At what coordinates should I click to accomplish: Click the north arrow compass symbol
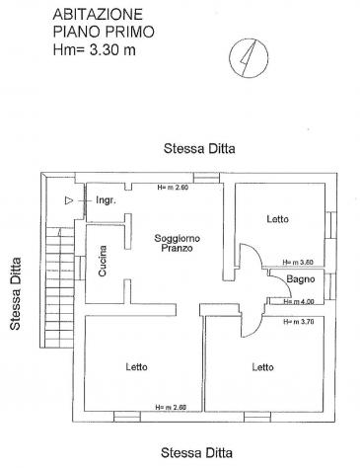249,58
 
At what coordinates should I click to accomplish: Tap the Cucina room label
103,261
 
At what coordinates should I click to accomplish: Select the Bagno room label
301,279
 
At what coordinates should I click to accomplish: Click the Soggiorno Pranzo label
177,243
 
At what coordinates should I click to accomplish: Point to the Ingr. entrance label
106,200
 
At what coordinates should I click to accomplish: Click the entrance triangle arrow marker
69,200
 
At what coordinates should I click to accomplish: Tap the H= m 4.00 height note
299,301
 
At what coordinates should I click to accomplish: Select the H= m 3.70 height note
299,322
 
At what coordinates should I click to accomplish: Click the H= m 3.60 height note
298,263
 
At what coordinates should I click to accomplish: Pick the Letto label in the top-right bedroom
278,219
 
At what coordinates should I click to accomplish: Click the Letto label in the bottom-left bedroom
136,366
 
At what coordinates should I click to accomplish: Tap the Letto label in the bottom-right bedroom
262,367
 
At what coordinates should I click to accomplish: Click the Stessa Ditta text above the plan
199,148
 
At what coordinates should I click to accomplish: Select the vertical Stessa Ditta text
15,293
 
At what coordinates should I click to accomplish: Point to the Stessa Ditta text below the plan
196,453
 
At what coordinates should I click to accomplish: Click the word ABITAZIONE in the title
98,15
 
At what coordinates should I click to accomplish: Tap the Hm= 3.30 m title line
95,50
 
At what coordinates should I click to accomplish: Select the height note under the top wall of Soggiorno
173,188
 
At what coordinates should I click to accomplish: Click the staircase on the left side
58,287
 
